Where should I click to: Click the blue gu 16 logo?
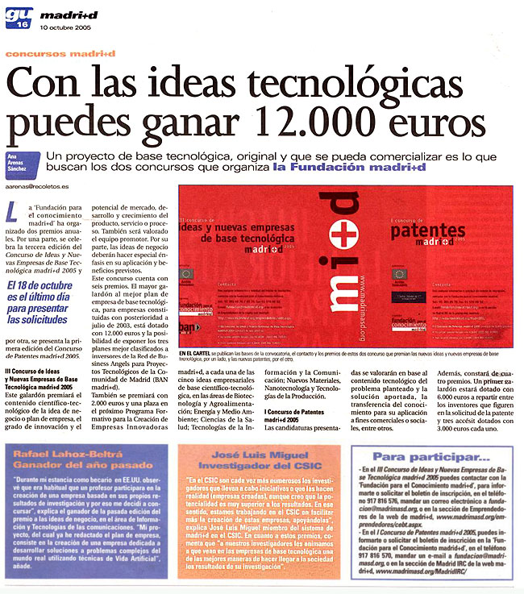click(17, 16)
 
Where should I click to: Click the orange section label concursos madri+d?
click(60, 53)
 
